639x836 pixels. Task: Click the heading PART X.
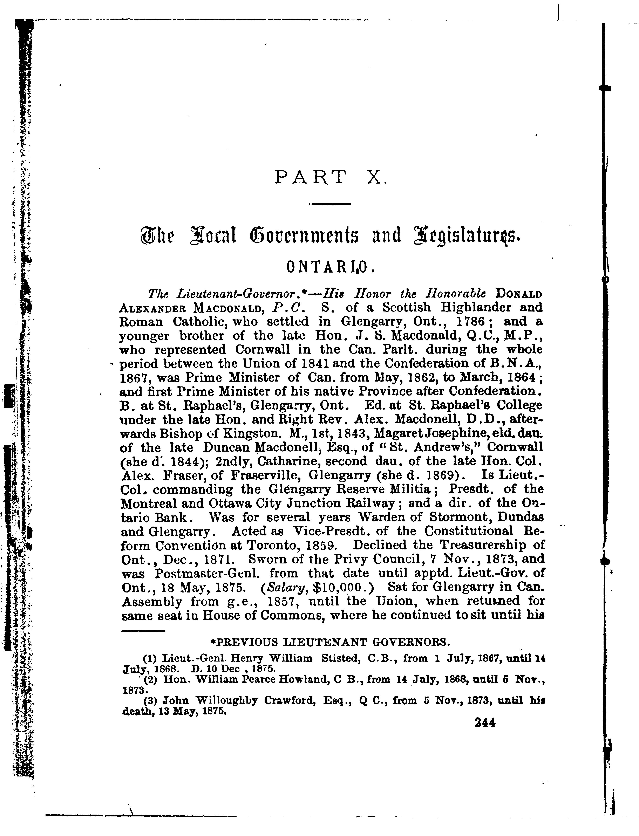[330, 177]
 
